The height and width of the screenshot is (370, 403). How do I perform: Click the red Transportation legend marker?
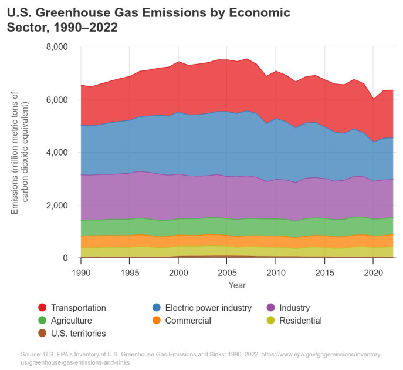[x=42, y=308]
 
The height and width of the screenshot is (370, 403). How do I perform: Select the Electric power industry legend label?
[x=208, y=308]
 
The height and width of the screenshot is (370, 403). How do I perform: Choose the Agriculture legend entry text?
[x=71, y=321]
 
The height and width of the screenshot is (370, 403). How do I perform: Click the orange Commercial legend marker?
[x=157, y=321]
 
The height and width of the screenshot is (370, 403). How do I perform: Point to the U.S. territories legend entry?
[x=78, y=334]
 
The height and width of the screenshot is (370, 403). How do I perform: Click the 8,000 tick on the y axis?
[x=57, y=47]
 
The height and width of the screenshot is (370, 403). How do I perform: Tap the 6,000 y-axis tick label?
[x=57, y=100]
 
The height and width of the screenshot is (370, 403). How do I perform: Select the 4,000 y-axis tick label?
[x=57, y=153]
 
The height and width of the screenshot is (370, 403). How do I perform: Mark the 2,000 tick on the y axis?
[x=57, y=206]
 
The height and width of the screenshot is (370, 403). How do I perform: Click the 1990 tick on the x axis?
[x=80, y=273]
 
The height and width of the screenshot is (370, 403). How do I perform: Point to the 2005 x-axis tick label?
[x=226, y=273]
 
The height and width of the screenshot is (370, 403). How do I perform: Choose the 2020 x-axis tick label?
[x=373, y=273]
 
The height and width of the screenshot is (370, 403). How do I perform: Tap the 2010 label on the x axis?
[x=275, y=273]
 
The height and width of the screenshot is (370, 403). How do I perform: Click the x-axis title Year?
[x=237, y=285]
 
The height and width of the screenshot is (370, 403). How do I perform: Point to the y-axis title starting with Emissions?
[x=21, y=152]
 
